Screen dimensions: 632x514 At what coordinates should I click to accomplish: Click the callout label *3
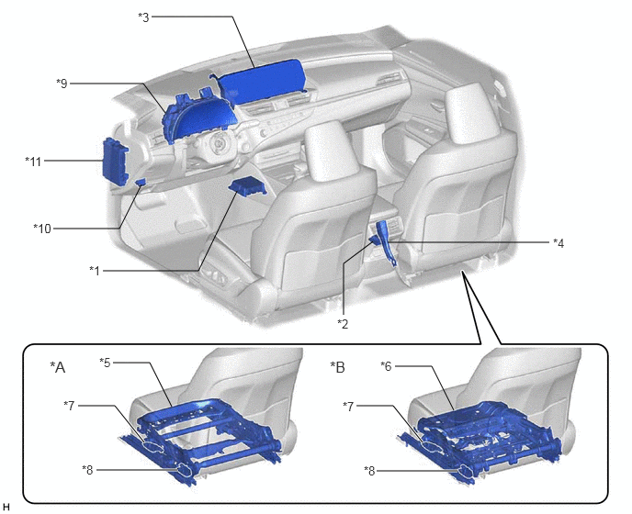coord(143,17)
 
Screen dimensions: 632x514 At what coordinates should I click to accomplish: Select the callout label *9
coord(62,84)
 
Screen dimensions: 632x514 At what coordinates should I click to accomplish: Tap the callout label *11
coord(33,162)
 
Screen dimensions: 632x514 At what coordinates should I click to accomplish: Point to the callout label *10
coord(42,229)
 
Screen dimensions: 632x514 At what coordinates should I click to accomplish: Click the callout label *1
coord(95,270)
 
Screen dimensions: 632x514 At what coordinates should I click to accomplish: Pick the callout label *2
coord(343,323)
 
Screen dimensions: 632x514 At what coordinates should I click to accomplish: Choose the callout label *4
coord(559,242)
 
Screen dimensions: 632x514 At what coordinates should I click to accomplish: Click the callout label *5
coord(105,363)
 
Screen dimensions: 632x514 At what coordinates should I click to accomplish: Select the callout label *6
coord(386,365)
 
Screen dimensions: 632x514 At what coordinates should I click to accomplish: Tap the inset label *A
coord(57,367)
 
